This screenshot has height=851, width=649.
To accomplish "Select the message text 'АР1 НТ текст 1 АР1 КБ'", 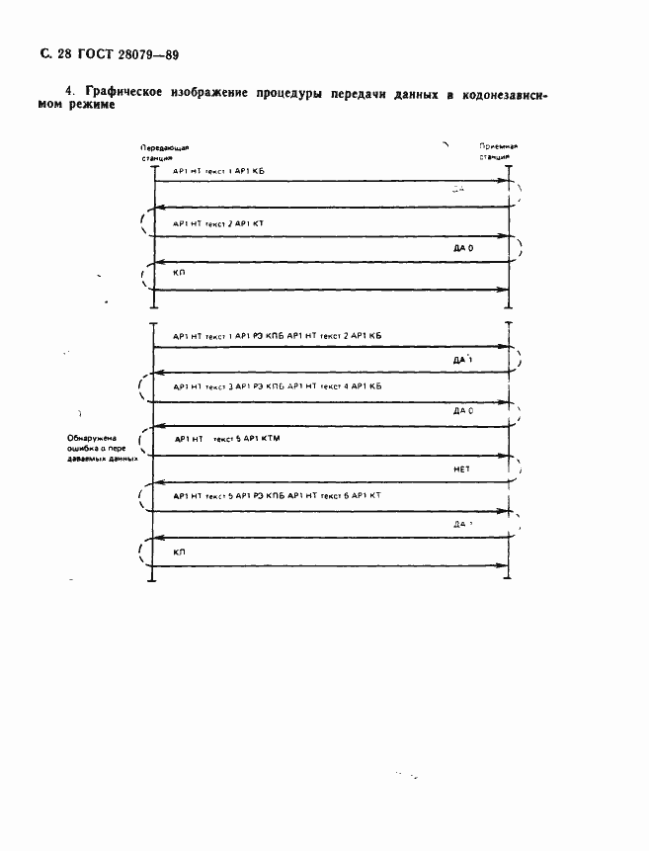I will (x=218, y=172).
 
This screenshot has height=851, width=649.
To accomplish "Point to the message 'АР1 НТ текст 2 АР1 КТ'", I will (x=218, y=224).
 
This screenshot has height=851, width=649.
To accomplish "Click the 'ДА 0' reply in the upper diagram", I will (x=463, y=249).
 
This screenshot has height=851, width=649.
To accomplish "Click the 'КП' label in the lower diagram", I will (x=179, y=553).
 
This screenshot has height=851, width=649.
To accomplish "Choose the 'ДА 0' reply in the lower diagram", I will (x=463, y=409).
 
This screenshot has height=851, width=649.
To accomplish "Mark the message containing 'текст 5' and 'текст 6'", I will (x=278, y=495).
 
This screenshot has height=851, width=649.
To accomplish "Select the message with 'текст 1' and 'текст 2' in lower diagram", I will (x=278, y=336).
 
